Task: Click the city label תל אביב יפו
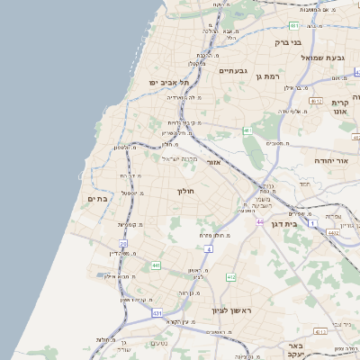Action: click(158, 83)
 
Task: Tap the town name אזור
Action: click(213, 162)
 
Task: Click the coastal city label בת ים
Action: click(97, 198)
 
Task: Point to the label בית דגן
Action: click(280, 223)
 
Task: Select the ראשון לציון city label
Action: click(230, 310)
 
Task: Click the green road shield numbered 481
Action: click(294, 26)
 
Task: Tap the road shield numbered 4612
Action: click(332, 233)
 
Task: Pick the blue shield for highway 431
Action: click(157, 312)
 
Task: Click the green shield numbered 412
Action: click(230, 277)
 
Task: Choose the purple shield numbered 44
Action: click(258, 221)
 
